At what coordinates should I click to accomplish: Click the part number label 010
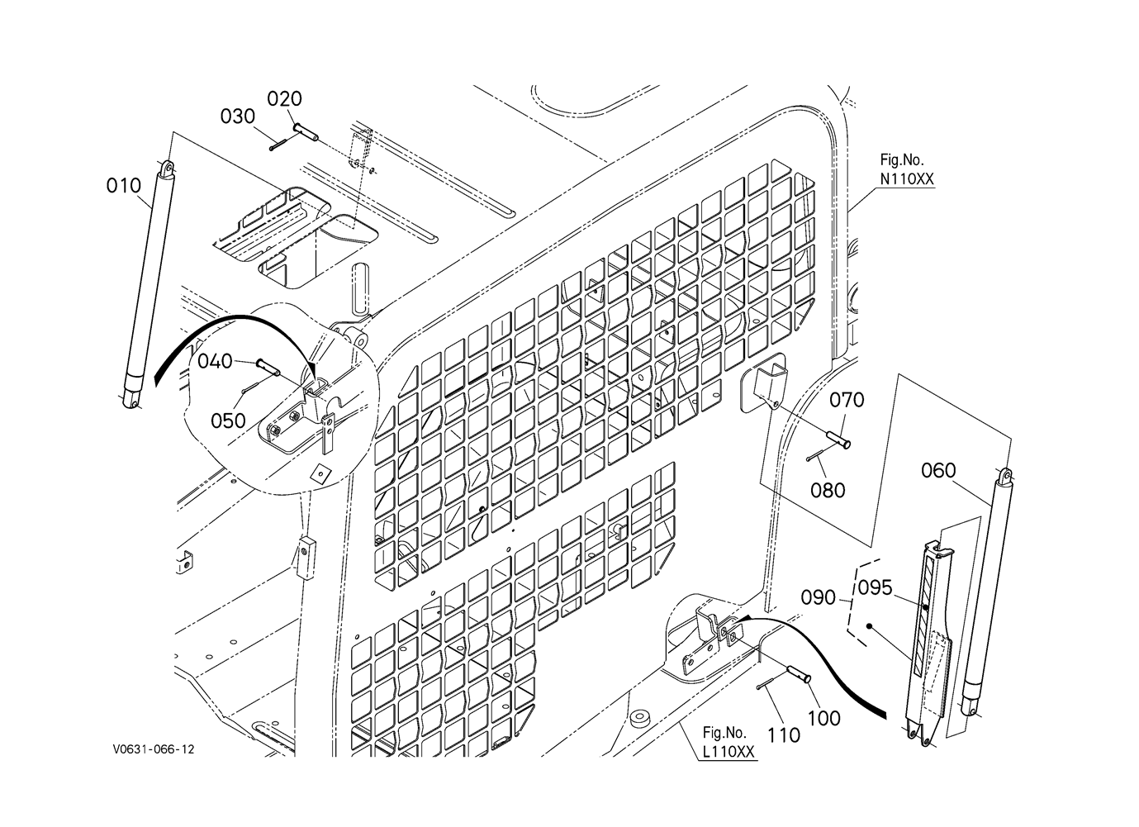coord(123,186)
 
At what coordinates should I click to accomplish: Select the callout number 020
coord(284,99)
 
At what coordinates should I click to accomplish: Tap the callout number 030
coord(237,116)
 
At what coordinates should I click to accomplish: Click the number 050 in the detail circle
coord(227,420)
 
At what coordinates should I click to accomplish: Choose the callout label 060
coord(937,471)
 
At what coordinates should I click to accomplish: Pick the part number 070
coord(847,401)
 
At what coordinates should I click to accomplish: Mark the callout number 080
coord(828,490)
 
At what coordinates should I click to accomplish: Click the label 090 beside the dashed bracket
coord(819,596)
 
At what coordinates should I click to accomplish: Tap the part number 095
coord(875,588)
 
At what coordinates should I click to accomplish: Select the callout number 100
coord(823,717)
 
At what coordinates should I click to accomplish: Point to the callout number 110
coord(783,734)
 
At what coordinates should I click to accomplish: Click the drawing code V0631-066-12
coord(155,749)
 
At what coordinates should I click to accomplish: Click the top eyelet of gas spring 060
coord(1006,475)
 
